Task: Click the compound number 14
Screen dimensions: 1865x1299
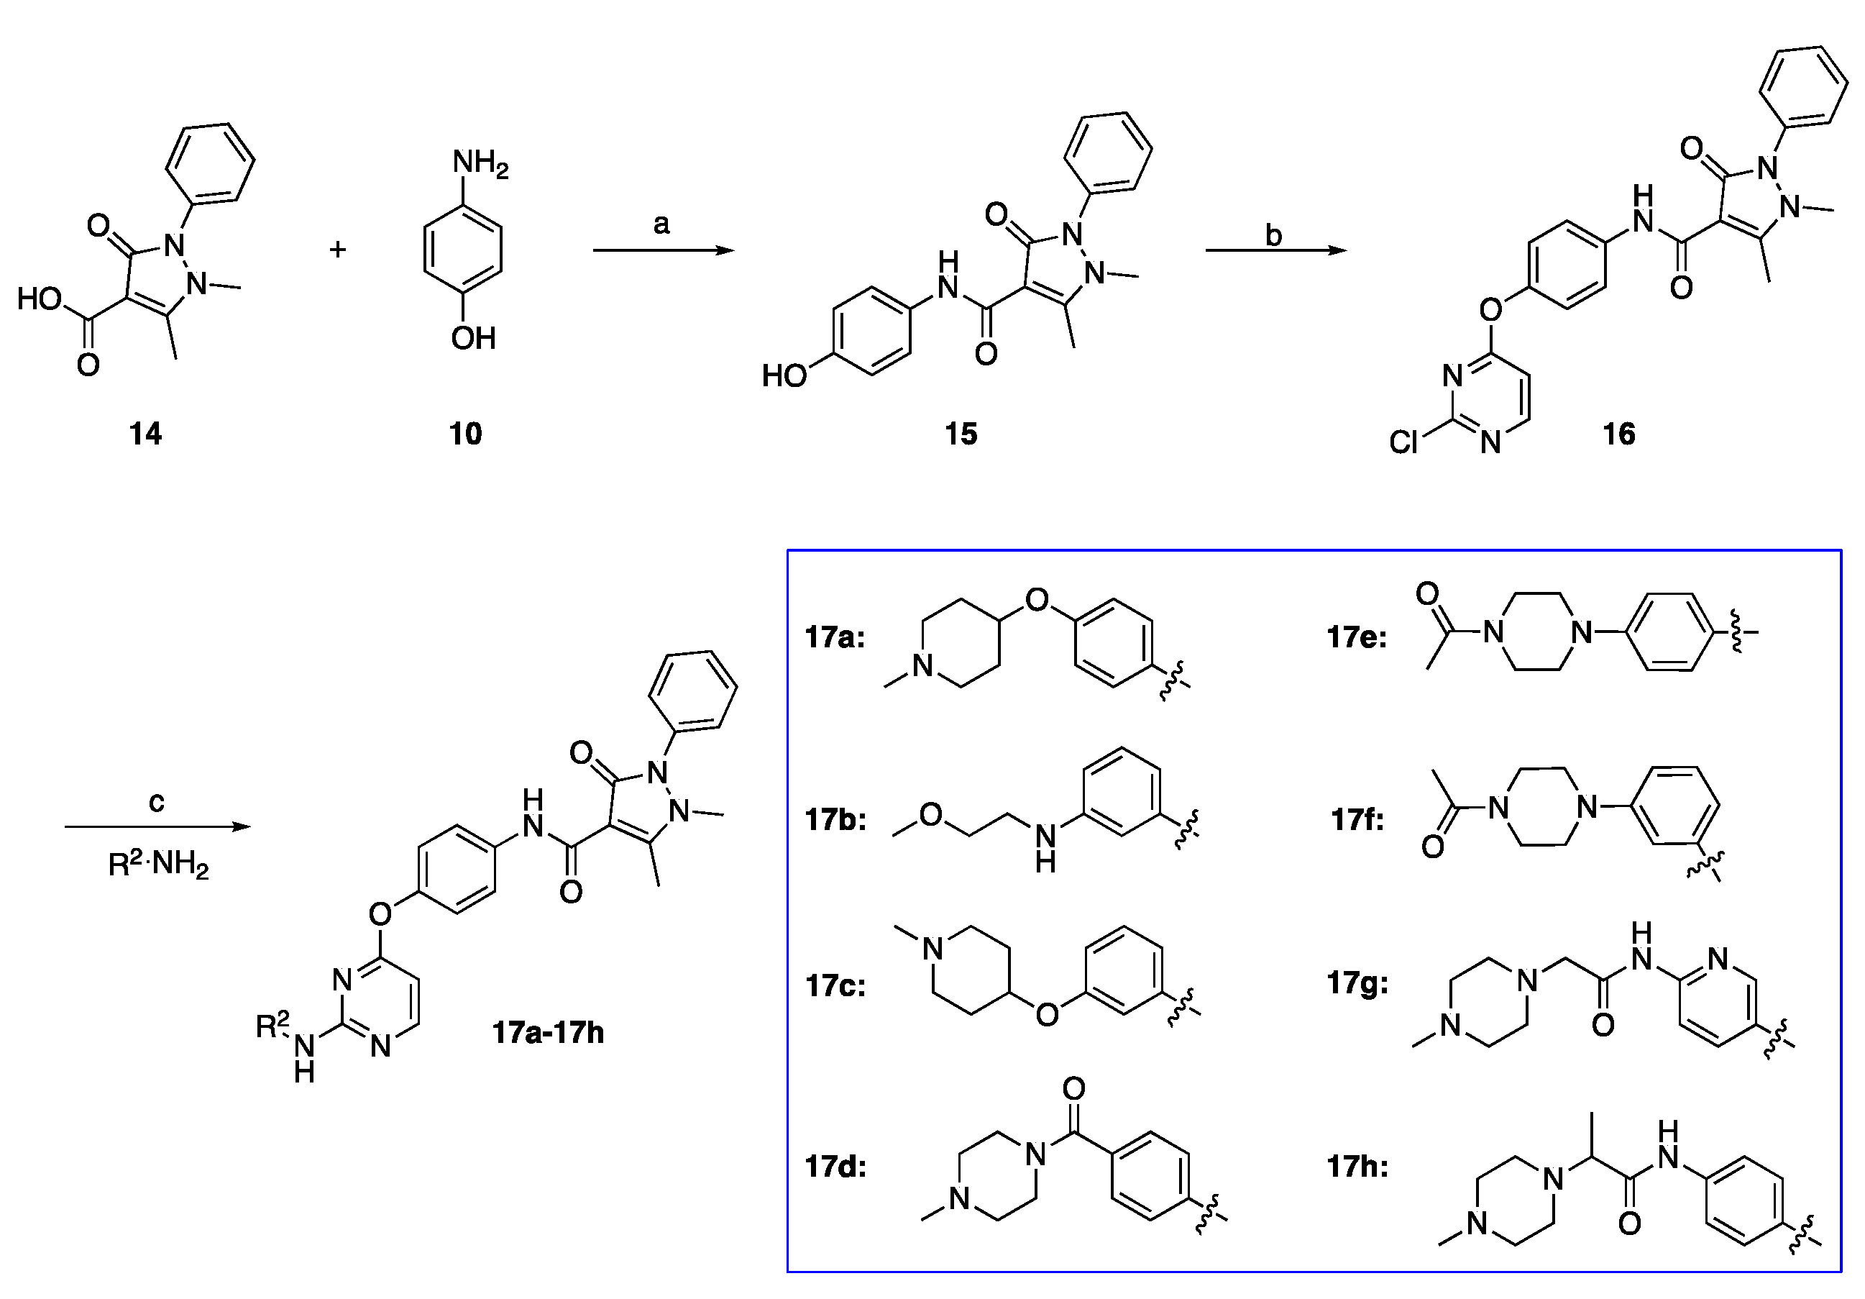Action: coord(145,434)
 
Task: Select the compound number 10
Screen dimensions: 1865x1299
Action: coord(465,434)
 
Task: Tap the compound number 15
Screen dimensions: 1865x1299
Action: coord(961,434)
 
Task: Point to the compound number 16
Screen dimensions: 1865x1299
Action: coord(1619,434)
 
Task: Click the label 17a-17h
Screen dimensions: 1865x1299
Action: coord(549,1033)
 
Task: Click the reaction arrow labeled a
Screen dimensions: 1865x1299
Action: coord(663,250)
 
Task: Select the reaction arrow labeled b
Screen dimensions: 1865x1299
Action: coord(1275,250)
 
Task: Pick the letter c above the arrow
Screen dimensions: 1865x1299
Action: coord(157,803)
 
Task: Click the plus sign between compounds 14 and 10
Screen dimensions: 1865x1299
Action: coord(338,249)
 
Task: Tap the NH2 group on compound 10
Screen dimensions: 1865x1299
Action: coord(480,163)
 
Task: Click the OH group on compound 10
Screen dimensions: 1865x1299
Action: coord(474,338)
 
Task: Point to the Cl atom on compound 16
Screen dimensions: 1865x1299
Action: coord(1403,442)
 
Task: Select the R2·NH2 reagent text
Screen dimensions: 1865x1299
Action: coord(158,864)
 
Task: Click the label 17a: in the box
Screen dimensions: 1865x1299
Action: coord(835,637)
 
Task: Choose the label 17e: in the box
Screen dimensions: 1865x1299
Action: coord(1357,637)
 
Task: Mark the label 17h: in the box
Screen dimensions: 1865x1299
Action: coord(1357,1167)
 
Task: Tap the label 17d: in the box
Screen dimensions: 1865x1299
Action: coord(835,1167)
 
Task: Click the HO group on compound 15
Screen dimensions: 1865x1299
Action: coord(784,375)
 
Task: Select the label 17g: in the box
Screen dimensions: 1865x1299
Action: coord(1357,983)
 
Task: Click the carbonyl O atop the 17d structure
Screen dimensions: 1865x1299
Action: coord(1074,1088)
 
